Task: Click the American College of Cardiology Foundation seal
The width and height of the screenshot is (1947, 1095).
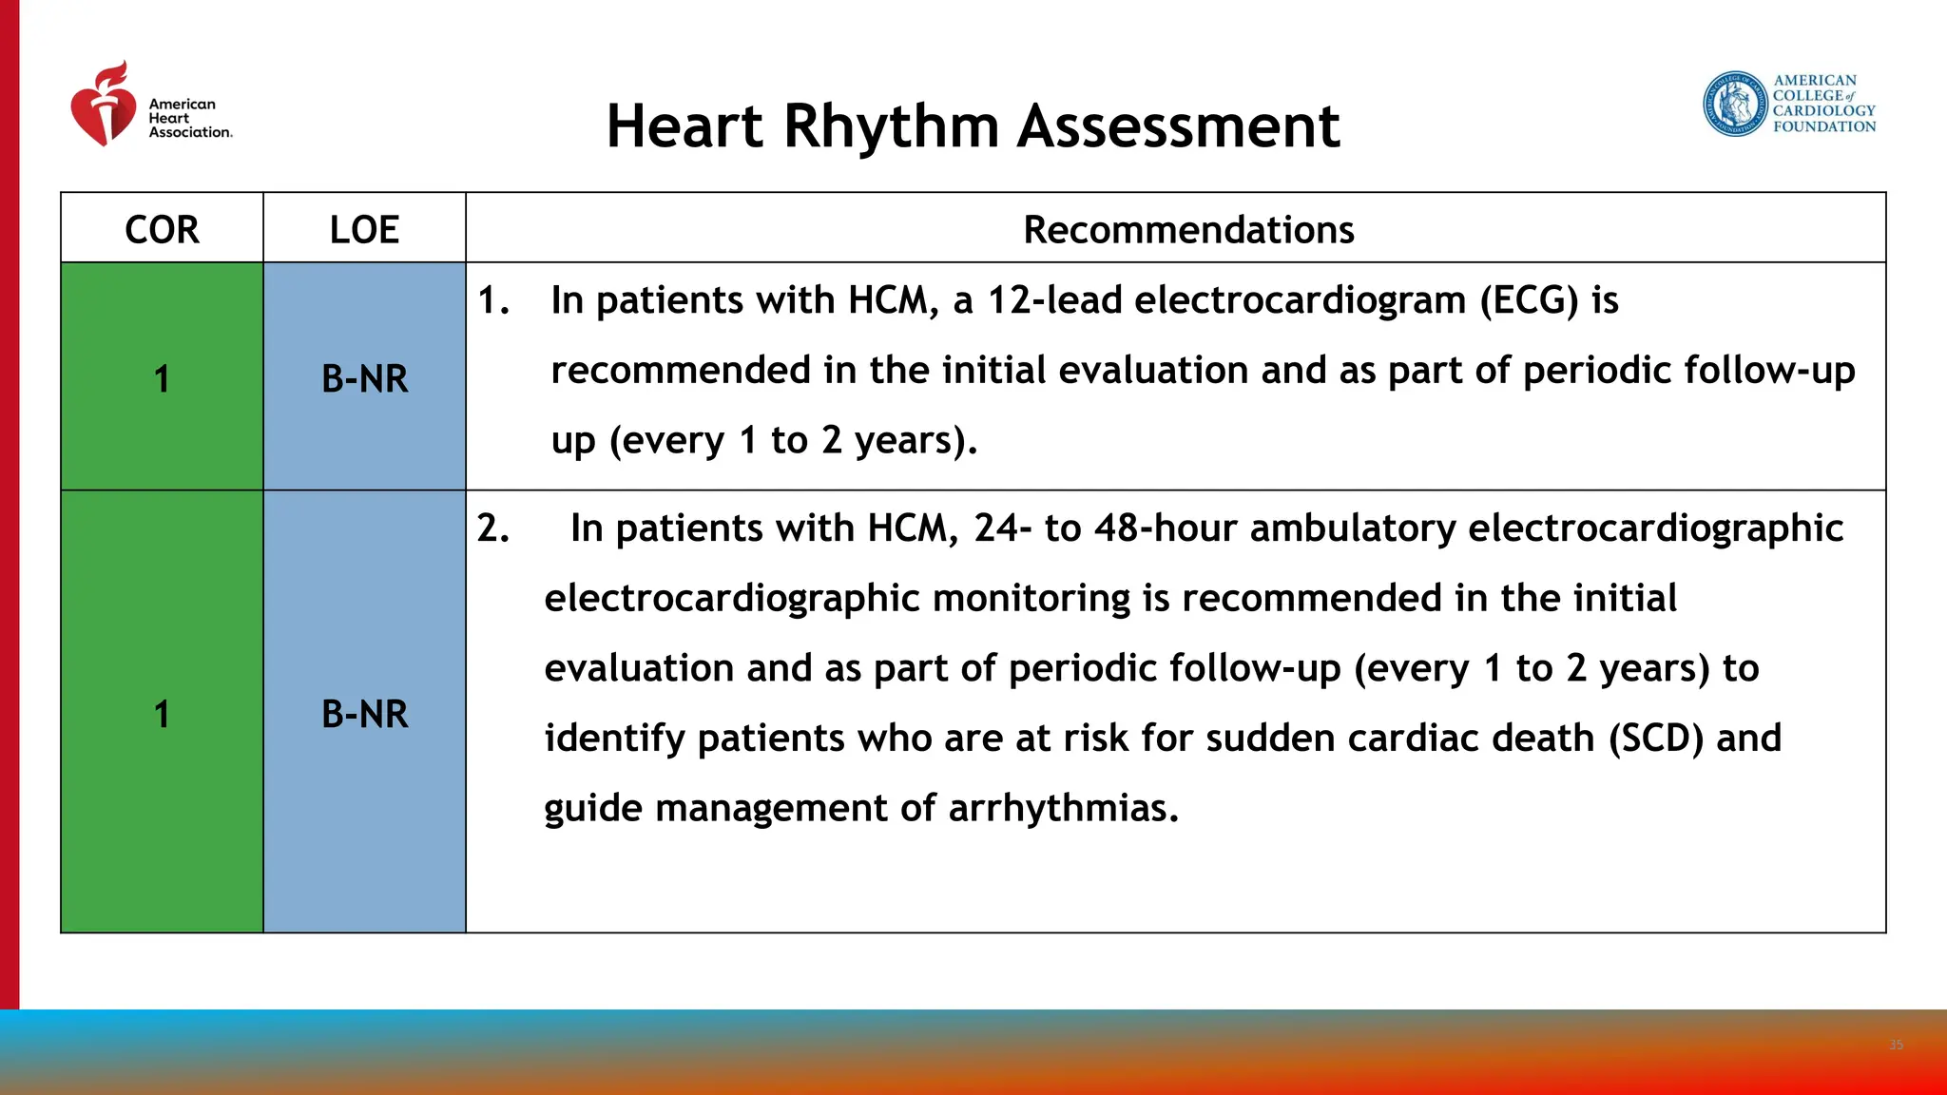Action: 1734,104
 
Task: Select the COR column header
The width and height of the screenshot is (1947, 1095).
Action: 162,230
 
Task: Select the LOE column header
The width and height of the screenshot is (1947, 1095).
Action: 364,230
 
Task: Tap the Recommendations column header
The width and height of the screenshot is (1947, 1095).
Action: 1188,230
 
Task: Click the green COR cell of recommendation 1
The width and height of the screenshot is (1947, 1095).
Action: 162,378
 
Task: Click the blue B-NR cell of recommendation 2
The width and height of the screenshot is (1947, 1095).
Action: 364,714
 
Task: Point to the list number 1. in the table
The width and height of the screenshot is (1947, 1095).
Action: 493,300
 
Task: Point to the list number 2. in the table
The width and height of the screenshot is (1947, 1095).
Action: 493,528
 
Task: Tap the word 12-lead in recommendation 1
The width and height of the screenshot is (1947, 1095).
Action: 1055,300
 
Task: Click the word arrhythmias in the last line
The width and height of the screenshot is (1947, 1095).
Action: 1063,809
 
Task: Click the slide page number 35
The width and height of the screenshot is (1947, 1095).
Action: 1896,1045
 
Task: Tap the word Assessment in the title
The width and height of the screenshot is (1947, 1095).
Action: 1178,126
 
